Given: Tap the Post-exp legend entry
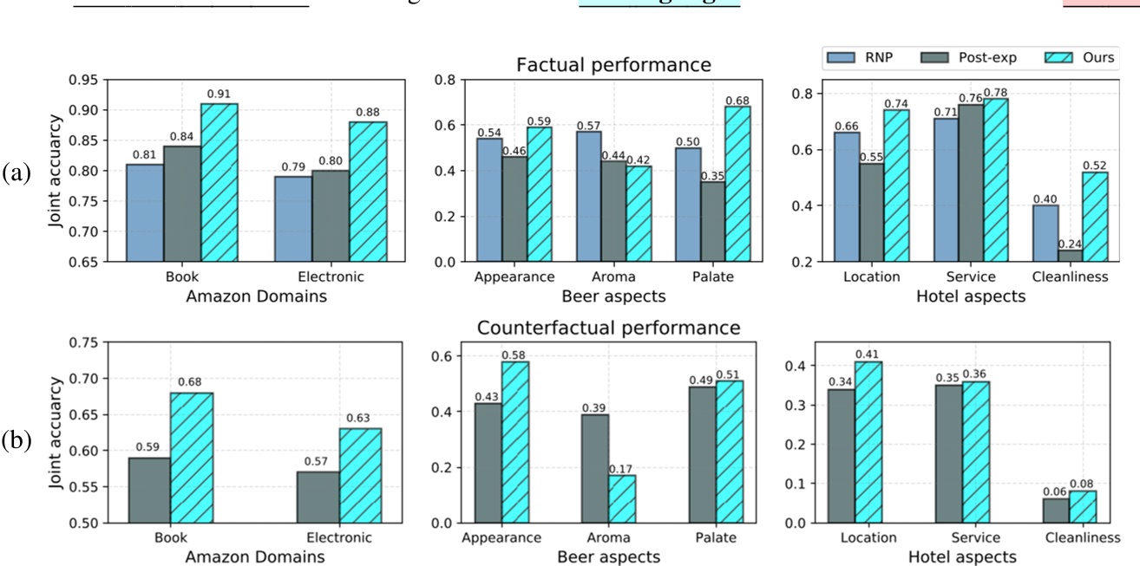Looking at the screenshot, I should [x=977, y=58].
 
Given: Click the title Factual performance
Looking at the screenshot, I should [x=613, y=65].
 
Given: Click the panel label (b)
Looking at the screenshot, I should [x=16, y=440].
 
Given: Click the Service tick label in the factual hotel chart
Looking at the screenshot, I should [x=964, y=277].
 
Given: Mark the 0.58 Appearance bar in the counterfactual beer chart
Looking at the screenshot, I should [x=514, y=442].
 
